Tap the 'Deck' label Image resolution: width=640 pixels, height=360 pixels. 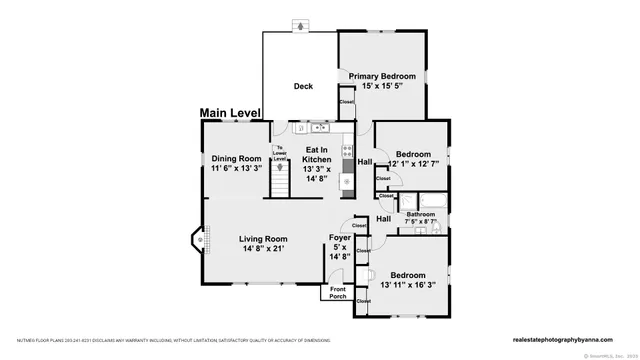click(x=303, y=86)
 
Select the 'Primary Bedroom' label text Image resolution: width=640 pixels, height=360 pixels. click(x=382, y=75)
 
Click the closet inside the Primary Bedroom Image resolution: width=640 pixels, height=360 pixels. click(x=346, y=102)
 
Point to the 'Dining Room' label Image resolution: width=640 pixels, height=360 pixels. click(x=236, y=159)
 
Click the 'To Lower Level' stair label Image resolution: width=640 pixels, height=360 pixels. click(x=281, y=154)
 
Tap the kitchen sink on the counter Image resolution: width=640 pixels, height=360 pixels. click(x=319, y=127)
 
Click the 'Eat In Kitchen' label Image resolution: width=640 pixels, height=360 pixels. click(x=317, y=160)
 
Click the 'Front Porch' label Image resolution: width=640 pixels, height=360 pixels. click(x=338, y=292)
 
